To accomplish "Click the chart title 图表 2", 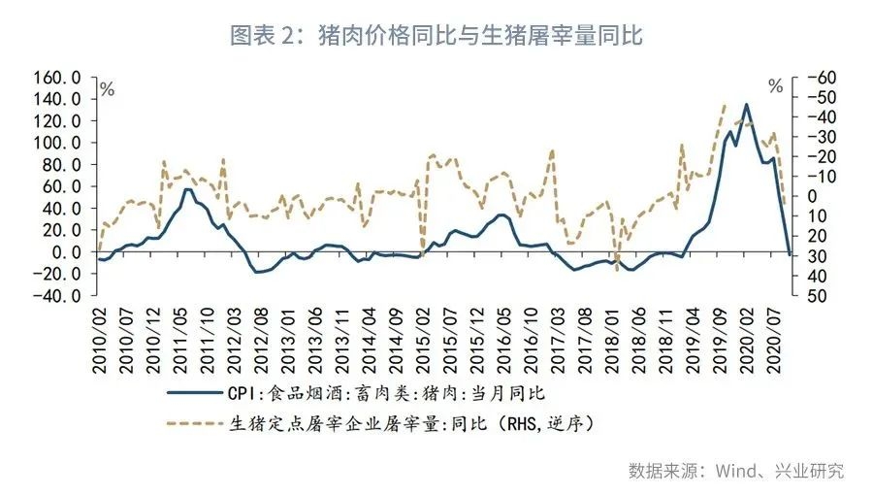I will click(436, 36).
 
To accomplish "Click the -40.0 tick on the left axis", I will click(60, 296).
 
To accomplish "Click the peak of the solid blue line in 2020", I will click(746, 104).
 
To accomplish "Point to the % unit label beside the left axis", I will click(107, 89).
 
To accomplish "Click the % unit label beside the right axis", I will click(775, 86).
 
